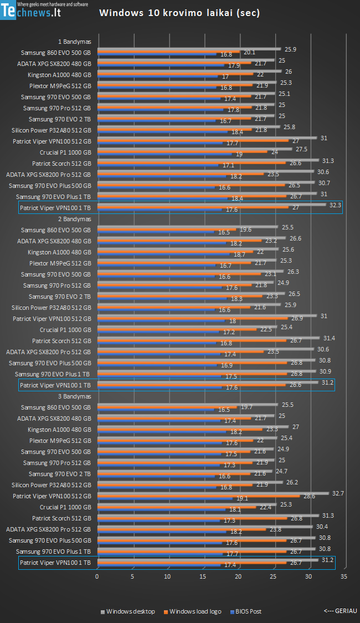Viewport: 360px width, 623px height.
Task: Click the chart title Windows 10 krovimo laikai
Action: click(x=179, y=13)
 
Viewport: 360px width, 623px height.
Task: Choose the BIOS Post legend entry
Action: click(x=248, y=611)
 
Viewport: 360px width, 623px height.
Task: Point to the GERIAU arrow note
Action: click(x=340, y=610)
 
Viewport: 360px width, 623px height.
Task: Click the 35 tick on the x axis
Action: click(x=344, y=576)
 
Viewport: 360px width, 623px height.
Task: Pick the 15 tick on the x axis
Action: click(x=203, y=576)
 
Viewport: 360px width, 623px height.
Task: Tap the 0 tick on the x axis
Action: click(x=97, y=576)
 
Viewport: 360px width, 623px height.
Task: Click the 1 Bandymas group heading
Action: click(x=74, y=42)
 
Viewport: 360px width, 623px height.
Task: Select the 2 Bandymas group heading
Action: click(x=74, y=219)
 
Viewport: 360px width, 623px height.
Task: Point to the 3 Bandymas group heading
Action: click(x=74, y=396)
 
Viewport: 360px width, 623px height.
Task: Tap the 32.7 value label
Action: click(x=338, y=493)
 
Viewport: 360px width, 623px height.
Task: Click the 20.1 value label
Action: click(x=249, y=53)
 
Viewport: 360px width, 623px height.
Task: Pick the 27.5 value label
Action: click(x=301, y=149)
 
